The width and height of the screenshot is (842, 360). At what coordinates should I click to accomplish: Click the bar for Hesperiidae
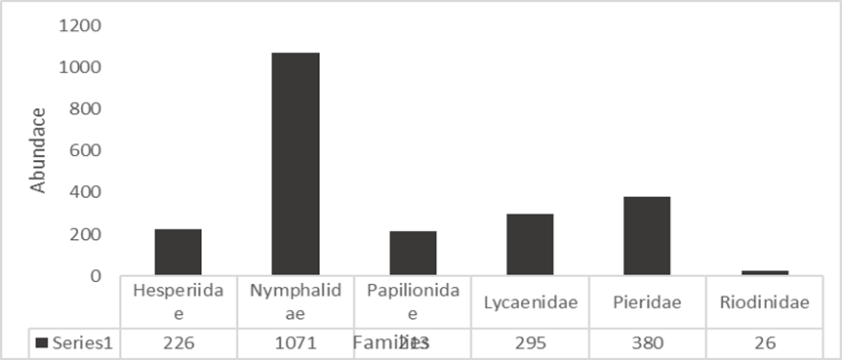[x=178, y=252]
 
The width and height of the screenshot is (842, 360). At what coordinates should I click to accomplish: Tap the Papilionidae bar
[x=413, y=253]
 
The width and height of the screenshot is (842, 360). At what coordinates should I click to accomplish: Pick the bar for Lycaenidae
[x=530, y=244]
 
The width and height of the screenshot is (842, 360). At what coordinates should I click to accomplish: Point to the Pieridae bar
[x=647, y=235]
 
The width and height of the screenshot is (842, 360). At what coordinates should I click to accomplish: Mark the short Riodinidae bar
[x=765, y=272]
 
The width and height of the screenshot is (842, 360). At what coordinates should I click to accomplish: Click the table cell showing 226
[x=178, y=343]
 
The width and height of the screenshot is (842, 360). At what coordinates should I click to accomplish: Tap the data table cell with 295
[x=530, y=343]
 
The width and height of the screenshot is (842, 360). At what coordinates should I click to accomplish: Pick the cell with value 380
[x=647, y=343]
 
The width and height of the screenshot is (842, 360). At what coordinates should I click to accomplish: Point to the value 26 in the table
[x=765, y=343]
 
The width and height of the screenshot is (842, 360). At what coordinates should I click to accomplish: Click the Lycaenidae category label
[x=530, y=302]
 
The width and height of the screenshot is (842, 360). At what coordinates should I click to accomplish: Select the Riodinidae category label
[x=765, y=302]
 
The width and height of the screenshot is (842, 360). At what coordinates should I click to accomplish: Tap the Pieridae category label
[x=647, y=302]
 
